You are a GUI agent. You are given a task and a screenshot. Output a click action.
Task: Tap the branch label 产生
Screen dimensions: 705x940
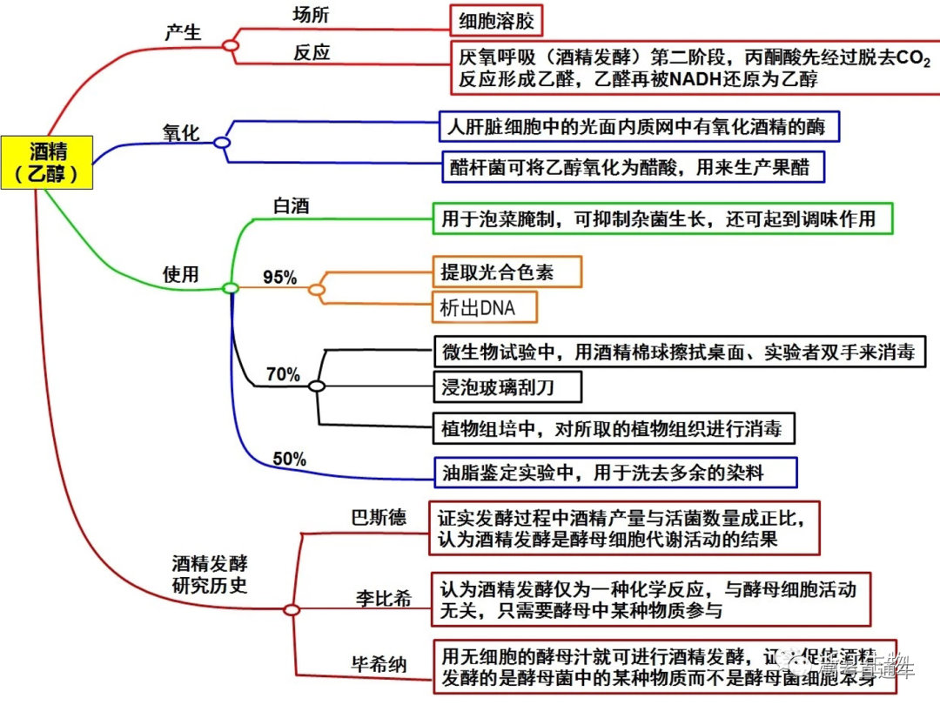tap(183, 32)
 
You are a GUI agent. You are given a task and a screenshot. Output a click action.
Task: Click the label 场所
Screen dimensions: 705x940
tap(312, 15)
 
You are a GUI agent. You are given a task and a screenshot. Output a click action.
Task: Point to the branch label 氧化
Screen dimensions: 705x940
tap(181, 132)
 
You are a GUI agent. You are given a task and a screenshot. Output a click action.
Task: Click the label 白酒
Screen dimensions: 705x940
tap(292, 206)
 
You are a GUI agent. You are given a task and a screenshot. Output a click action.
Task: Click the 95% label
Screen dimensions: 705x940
tap(280, 279)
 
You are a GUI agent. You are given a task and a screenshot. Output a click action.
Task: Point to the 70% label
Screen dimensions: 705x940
tap(283, 375)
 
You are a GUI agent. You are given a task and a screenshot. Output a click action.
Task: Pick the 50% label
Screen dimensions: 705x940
tap(289, 460)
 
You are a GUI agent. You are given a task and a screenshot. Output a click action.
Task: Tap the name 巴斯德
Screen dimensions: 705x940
tap(378, 519)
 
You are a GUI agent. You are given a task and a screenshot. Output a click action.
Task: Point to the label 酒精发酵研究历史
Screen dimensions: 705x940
tap(209, 574)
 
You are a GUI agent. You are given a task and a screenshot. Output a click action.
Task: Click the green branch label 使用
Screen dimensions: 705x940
tap(181, 274)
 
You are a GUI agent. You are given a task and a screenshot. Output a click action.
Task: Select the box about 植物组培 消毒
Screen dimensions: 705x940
tap(613, 427)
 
